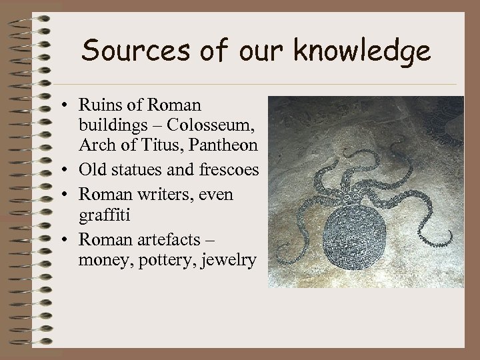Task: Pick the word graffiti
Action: [102, 215]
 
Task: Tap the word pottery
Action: [159, 260]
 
